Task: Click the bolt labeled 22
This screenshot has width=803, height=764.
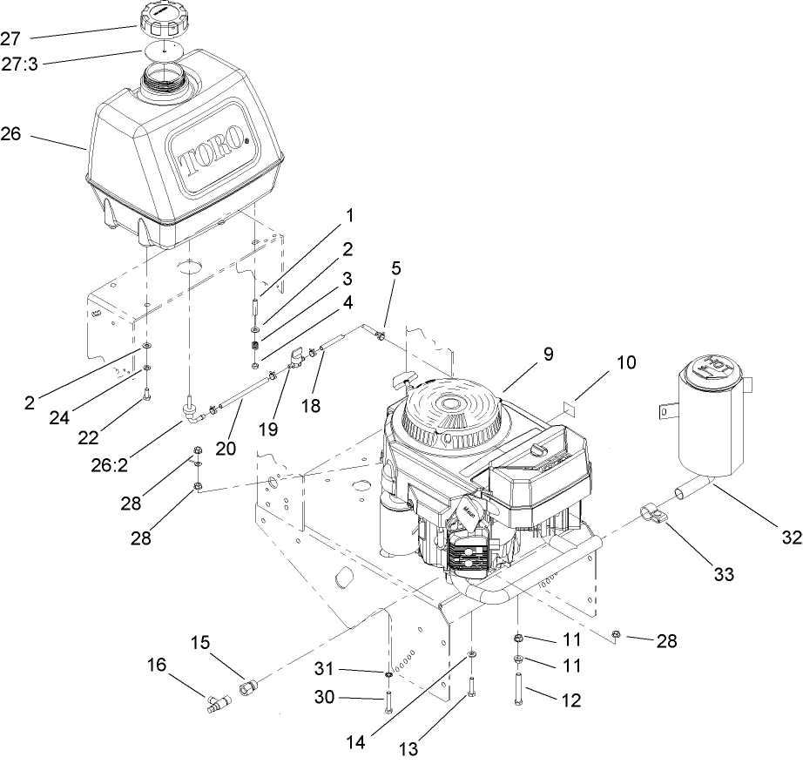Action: (x=146, y=395)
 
